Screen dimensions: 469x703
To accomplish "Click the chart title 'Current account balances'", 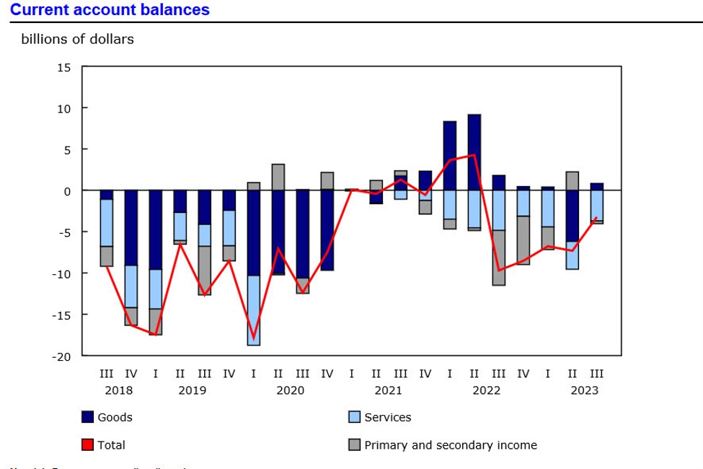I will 110,10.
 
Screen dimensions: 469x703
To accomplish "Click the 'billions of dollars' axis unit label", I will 78,39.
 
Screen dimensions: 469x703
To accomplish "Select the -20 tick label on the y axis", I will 61,356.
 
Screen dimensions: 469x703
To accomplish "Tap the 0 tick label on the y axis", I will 67,191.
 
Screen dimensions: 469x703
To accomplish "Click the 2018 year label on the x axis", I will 119,390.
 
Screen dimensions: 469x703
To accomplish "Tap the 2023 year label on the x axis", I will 585,390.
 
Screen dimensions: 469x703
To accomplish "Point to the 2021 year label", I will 388,390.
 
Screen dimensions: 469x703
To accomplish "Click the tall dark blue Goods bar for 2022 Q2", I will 474,152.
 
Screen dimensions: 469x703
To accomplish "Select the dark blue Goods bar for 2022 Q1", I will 449,156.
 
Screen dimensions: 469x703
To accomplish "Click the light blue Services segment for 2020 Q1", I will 254,310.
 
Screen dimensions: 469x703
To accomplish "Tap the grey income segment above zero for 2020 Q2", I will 278,177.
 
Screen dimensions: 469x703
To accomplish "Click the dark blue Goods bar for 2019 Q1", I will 155,229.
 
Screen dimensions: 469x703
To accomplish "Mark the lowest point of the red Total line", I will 254,338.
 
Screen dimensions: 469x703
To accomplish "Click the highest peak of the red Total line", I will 474,154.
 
